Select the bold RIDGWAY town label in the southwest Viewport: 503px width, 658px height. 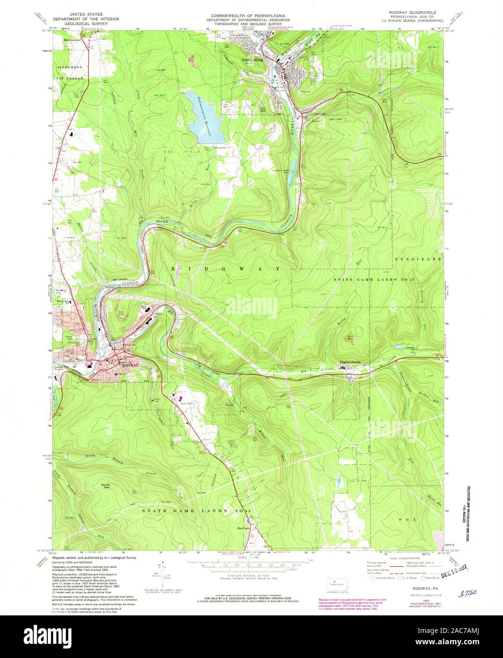130,365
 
